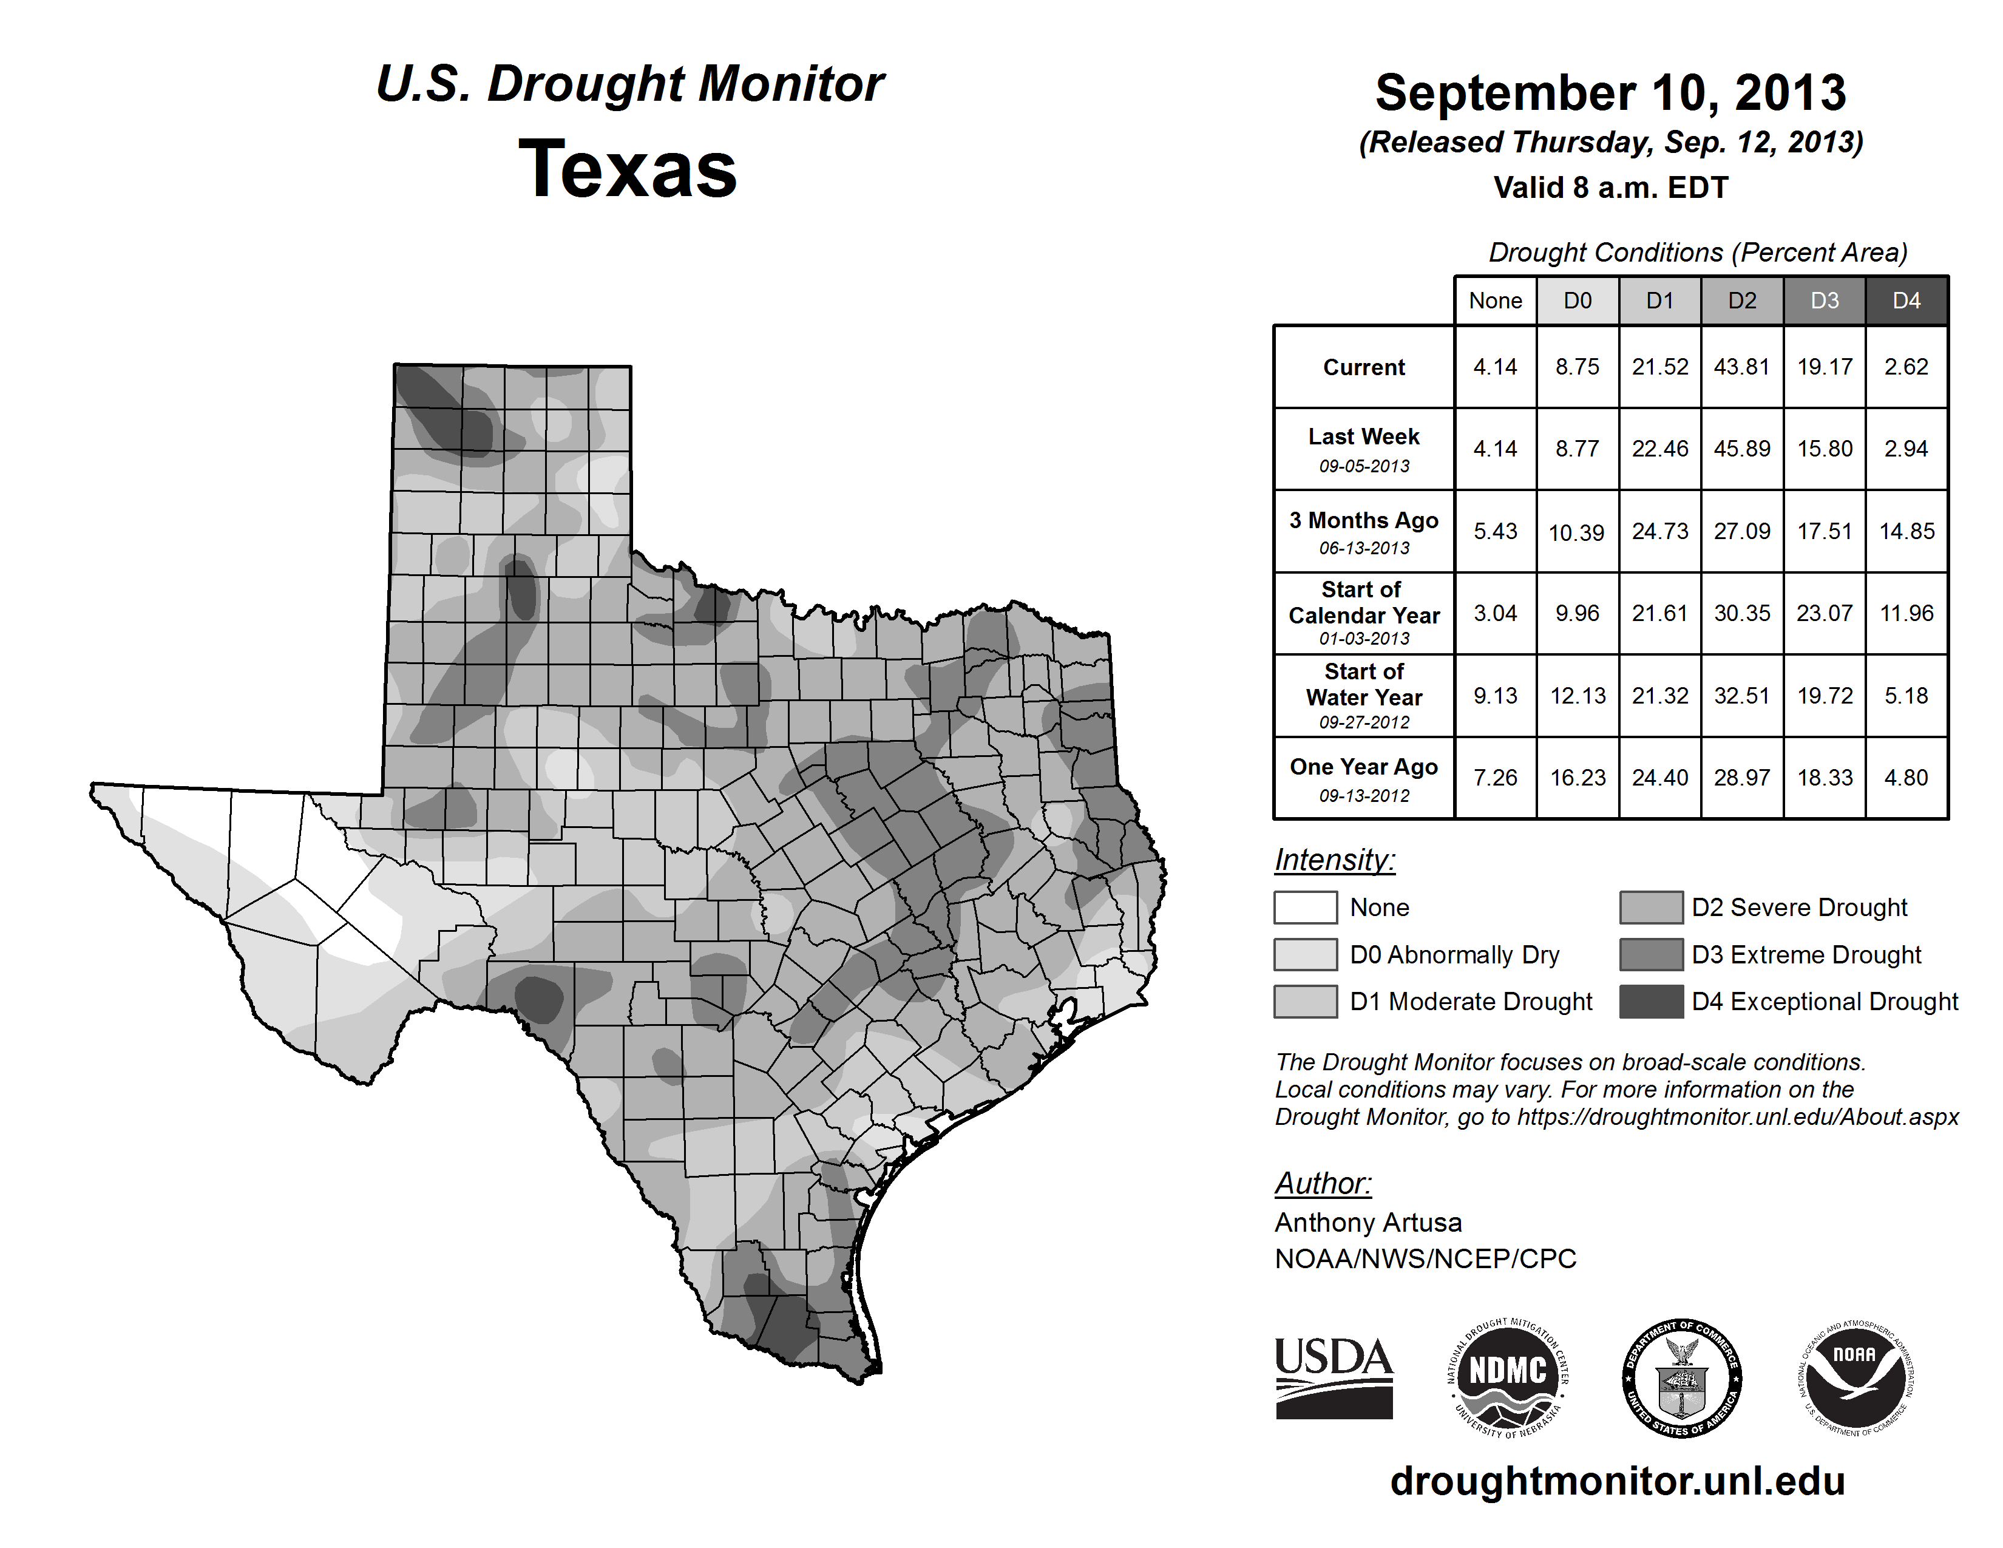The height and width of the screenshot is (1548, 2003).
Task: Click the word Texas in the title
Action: (x=628, y=169)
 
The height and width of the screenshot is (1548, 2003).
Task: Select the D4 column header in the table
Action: (x=1906, y=300)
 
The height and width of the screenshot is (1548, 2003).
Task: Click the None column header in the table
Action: (x=1495, y=300)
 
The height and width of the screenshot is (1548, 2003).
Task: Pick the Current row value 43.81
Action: (x=1741, y=367)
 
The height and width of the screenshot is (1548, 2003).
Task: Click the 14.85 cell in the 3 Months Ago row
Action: (x=1906, y=531)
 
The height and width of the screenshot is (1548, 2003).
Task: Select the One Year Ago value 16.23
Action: (x=1578, y=778)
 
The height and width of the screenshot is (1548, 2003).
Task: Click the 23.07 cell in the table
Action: (x=1824, y=613)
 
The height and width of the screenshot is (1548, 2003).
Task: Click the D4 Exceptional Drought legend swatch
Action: (x=1651, y=1002)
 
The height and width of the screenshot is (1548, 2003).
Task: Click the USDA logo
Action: (x=1334, y=1377)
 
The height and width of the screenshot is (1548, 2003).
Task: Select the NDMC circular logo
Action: (x=1508, y=1377)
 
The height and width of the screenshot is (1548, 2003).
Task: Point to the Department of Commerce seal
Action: (x=1681, y=1377)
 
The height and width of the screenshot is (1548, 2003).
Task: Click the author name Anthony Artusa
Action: (x=1368, y=1223)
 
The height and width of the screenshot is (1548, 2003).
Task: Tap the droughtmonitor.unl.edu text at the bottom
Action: (x=1617, y=1481)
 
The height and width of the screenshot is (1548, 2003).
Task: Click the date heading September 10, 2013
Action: (x=1610, y=93)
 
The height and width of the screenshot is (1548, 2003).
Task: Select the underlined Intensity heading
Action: (x=1334, y=860)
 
